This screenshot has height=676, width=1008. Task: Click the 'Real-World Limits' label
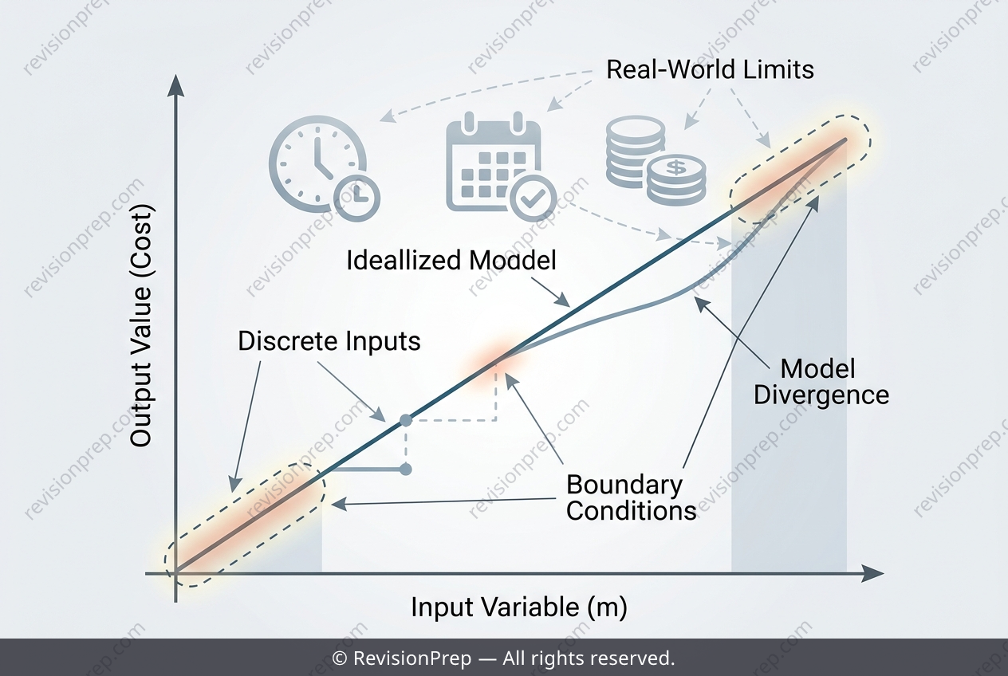coord(710,69)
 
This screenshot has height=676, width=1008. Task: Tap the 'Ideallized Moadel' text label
coord(451,260)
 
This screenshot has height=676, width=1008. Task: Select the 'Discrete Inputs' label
coord(329,341)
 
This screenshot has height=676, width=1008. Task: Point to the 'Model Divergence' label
coord(821,382)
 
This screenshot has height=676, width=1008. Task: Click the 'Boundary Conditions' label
coord(631,498)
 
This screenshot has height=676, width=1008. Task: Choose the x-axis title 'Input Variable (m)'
coord(519,607)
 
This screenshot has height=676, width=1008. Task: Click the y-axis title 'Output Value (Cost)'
coord(140,325)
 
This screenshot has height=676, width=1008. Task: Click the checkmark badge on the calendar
coord(533,198)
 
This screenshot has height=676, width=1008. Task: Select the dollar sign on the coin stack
coord(676,167)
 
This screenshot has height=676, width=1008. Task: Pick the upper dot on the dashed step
coord(406,421)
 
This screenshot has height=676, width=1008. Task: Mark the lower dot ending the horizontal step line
coord(406,470)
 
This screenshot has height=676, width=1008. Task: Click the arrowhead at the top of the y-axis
coord(175,85)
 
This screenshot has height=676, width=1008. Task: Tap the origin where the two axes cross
coord(175,573)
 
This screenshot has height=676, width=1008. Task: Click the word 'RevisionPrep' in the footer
coord(412,658)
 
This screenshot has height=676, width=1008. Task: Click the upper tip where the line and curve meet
coord(845,140)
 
